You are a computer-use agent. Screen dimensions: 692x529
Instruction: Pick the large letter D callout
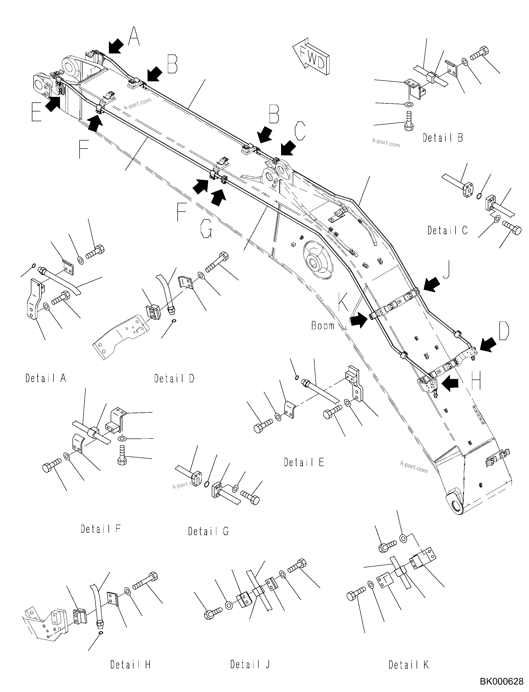tap(504, 332)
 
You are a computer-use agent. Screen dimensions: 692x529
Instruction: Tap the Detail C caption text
tap(447, 231)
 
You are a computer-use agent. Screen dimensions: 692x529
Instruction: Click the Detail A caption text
tap(46, 378)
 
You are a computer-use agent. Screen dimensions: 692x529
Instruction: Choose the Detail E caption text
tap(304, 462)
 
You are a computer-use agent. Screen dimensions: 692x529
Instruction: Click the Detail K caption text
tap(408, 665)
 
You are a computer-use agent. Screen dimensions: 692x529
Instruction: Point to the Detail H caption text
tap(130, 665)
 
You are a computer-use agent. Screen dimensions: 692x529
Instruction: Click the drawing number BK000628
tap(502, 682)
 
